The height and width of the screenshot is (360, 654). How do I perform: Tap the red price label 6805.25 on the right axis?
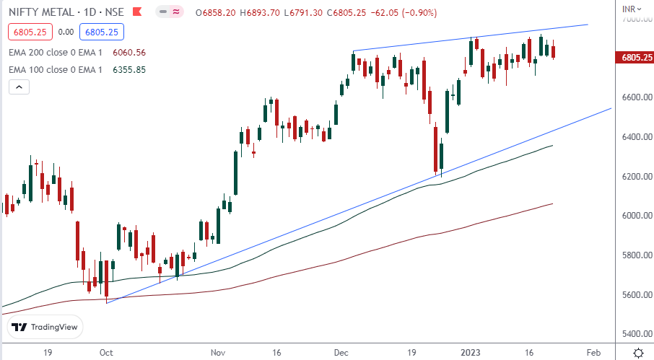[633, 57]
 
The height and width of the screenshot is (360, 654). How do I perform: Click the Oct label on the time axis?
[106, 352]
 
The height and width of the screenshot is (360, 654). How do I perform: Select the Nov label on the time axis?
[218, 352]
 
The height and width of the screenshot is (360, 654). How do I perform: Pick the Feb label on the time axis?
[593, 352]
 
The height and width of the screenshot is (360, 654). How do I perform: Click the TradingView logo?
[45, 328]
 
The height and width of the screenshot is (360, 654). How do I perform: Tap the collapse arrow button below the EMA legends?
[19, 87]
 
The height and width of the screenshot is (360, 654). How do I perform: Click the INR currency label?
[629, 9]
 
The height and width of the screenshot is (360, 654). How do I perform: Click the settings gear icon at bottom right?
[638, 352]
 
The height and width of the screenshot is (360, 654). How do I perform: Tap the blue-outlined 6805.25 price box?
[103, 32]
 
